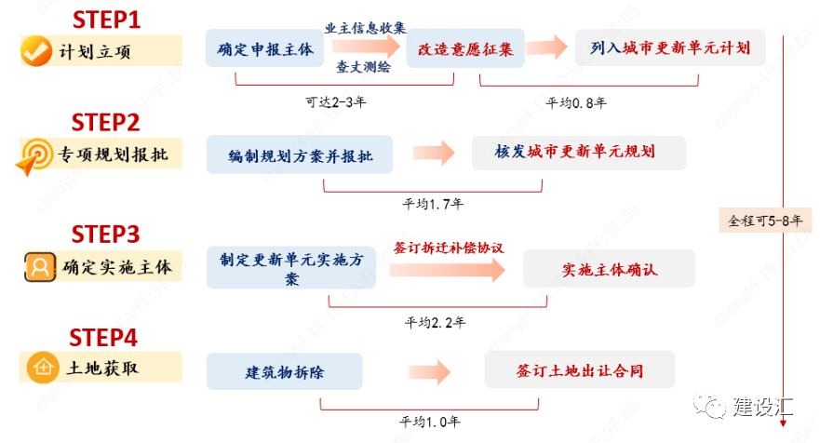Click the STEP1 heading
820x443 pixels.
[x=107, y=18]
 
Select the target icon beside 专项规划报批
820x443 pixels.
[x=34, y=155]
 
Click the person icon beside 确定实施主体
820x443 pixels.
[x=40, y=267]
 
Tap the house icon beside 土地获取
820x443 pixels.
[x=40, y=368]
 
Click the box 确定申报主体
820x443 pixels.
[x=264, y=48]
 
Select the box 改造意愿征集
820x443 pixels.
[x=465, y=48]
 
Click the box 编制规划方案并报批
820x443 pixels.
[x=300, y=155]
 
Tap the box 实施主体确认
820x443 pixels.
[x=610, y=269]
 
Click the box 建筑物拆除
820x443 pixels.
[x=285, y=372]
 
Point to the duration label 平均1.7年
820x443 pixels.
[x=433, y=203]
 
